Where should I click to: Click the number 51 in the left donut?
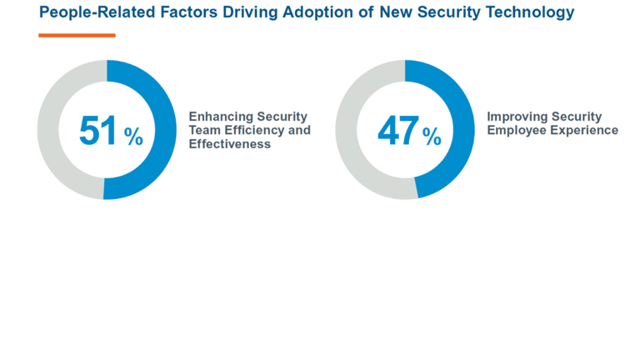pos(99,131)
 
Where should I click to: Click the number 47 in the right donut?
pos(397,131)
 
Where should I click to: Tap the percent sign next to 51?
pos(134,137)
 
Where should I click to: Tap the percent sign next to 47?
pos(432,137)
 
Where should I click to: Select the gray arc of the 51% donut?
pos(49,129)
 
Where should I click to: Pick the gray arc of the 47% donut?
pos(347,129)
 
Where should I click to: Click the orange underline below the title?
pos(77,35)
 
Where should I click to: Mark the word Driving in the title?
pos(247,12)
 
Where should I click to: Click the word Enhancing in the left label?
pos(218,117)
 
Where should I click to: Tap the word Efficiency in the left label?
pos(249,130)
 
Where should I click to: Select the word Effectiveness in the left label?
pos(230,143)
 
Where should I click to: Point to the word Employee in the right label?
pos(514,130)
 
